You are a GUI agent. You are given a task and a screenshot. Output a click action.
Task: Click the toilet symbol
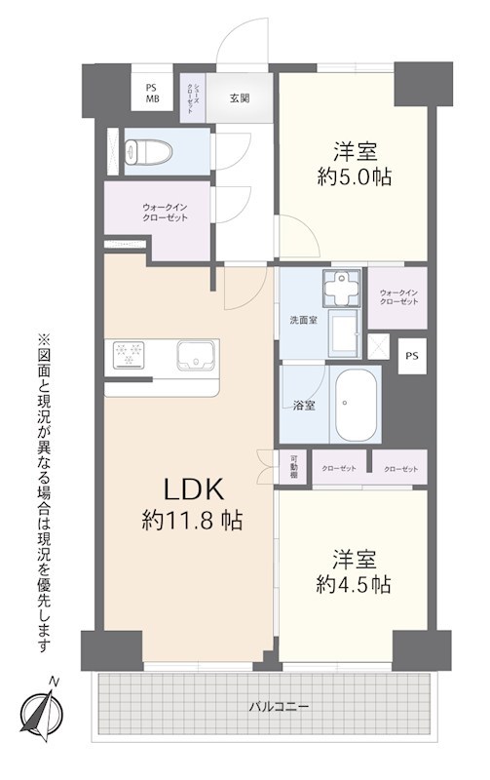(x=149, y=151)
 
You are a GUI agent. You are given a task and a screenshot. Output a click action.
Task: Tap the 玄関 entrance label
(x=240, y=98)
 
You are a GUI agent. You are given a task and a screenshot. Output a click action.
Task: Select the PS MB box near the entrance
(x=152, y=93)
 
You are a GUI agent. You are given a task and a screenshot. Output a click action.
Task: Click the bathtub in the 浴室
(x=357, y=405)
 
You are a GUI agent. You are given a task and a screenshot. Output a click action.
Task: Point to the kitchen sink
(x=198, y=355)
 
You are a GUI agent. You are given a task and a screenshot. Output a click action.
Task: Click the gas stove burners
(x=129, y=355)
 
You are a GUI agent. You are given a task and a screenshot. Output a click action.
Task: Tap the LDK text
(x=194, y=490)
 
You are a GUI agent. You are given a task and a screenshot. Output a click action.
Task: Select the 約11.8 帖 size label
(x=192, y=521)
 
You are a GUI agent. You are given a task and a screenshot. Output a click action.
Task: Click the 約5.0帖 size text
(x=355, y=176)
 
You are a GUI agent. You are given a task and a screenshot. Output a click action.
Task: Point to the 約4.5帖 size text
(x=354, y=584)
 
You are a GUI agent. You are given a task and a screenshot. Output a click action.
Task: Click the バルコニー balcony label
(x=279, y=706)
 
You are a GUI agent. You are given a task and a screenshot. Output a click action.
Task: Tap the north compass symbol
(x=42, y=708)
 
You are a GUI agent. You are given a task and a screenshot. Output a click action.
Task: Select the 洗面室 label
(x=303, y=320)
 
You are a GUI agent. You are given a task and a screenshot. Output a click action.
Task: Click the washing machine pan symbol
(x=342, y=289)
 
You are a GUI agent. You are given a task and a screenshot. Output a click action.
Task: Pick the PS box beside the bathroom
(x=412, y=356)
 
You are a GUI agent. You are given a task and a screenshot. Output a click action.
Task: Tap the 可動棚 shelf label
(x=293, y=467)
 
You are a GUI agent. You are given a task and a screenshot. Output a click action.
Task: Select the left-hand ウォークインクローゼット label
(x=165, y=213)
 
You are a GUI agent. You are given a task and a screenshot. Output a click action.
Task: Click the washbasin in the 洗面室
(x=344, y=333)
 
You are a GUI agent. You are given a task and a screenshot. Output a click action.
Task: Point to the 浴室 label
(x=304, y=406)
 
